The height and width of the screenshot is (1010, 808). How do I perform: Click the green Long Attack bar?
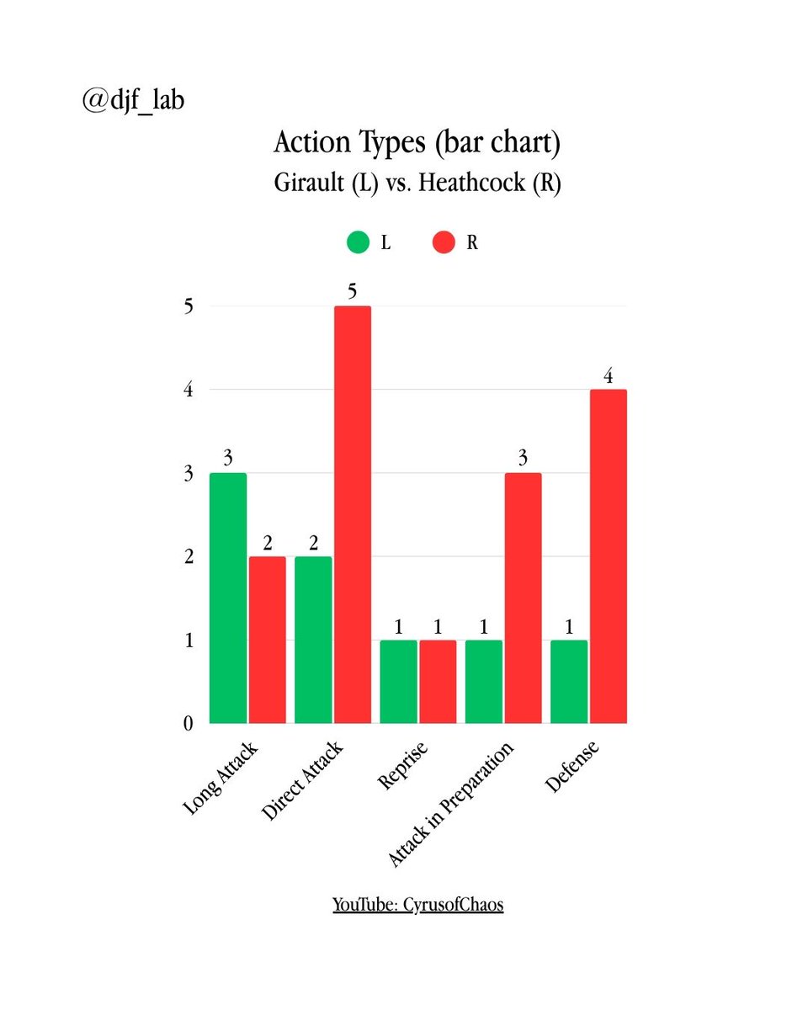228,598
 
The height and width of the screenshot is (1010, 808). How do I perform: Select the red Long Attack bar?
267,640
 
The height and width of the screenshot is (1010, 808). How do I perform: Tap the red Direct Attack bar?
353,514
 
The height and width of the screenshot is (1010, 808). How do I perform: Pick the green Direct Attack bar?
313,640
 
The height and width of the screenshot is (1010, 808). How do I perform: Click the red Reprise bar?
438,682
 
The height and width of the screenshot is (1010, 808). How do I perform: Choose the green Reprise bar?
398,682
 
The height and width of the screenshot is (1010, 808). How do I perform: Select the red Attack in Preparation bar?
523,598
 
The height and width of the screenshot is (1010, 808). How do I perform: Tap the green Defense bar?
569,682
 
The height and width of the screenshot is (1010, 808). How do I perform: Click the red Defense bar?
608,555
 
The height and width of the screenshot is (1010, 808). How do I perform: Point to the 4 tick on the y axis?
189,390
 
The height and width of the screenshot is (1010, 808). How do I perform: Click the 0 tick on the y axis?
189,724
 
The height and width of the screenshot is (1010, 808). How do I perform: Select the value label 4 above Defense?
608,375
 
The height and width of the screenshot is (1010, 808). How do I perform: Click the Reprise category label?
403,767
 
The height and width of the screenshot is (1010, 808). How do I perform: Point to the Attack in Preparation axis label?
451,805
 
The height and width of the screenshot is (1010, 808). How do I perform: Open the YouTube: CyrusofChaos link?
418,906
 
